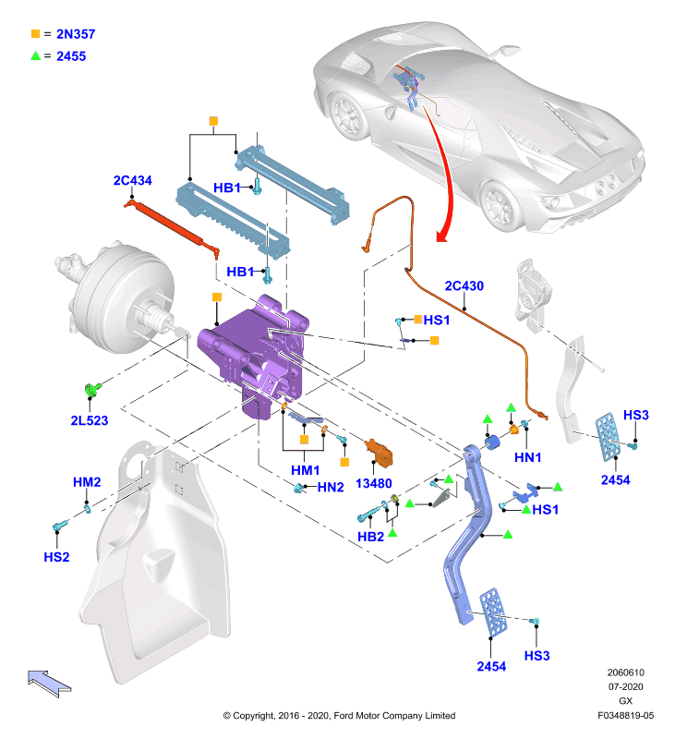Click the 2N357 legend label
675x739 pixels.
click(76, 34)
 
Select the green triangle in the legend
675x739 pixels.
click(35, 55)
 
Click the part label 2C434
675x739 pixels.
click(132, 180)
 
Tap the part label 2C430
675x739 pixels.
click(464, 286)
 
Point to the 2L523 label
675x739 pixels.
click(90, 420)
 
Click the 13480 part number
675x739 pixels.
click(374, 483)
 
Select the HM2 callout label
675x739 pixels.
click(87, 482)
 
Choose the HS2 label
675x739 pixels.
click(56, 557)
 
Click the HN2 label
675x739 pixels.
click(331, 488)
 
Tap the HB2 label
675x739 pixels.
click(370, 537)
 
